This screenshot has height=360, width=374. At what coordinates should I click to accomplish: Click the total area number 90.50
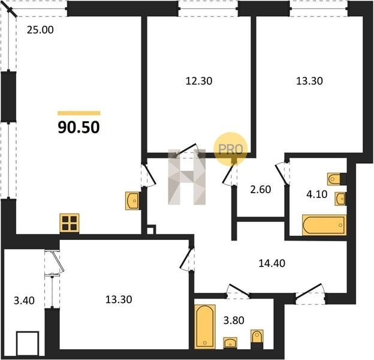[x=79, y=127]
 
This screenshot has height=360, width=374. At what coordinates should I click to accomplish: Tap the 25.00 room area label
[x=40, y=30]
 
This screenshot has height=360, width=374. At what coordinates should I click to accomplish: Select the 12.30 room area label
[x=199, y=81]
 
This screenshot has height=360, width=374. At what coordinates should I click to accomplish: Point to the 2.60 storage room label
[x=261, y=190]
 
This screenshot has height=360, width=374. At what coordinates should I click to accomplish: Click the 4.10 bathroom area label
[x=316, y=194]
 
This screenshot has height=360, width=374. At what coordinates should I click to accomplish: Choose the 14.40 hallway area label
[x=272, y=263]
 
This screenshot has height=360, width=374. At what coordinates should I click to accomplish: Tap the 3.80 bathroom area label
[x=234, y=320]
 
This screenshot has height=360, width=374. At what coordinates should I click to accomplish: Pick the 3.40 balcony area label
[x=24, y=301]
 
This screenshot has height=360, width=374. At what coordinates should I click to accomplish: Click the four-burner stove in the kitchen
[x=70, y=223]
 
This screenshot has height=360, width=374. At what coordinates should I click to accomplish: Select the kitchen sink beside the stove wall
[x=132, y=201]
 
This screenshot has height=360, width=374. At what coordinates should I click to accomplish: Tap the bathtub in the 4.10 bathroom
[x=324, y=225]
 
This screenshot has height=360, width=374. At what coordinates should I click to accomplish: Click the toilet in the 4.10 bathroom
[x=334, y=179]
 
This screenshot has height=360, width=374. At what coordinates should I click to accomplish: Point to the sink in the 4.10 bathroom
[x=340, y=199]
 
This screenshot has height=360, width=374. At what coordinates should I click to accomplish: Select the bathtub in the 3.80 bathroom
[x=205, y=326]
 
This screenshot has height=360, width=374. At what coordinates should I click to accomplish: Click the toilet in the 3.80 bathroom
[x=257, y=337]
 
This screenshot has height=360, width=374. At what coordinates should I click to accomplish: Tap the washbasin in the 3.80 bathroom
[x=230, y=343]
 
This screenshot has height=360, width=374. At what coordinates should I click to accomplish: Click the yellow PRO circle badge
[x=230, y=149]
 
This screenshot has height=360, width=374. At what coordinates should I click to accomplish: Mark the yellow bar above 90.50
[x=79, y=113]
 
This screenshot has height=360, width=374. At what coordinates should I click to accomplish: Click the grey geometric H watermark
[x=187, y=177]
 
